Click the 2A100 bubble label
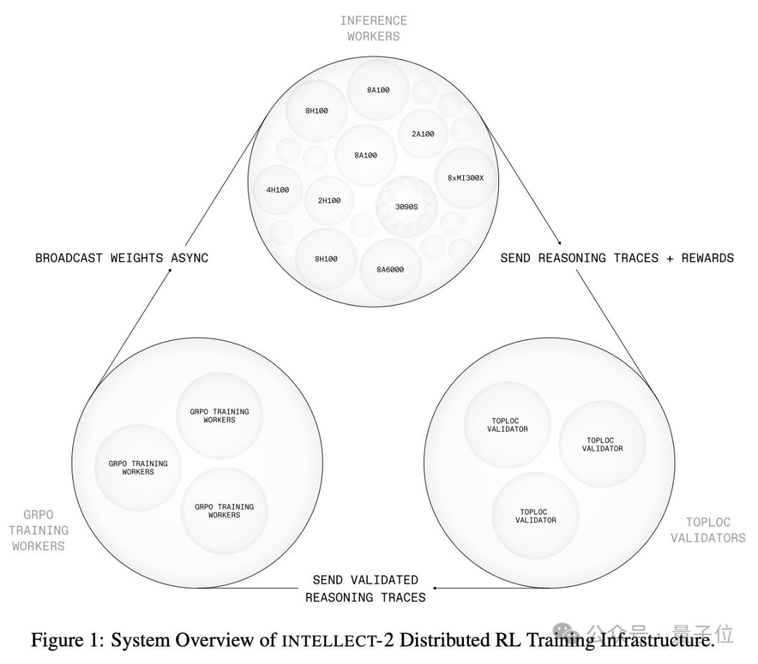(x=423, y=133)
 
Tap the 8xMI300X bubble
(x=465, y=178)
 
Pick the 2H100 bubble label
(x=328, y=201)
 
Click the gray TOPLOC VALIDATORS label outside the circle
(x=707, y=530)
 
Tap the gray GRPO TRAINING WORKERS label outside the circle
(x=39, y=531)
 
